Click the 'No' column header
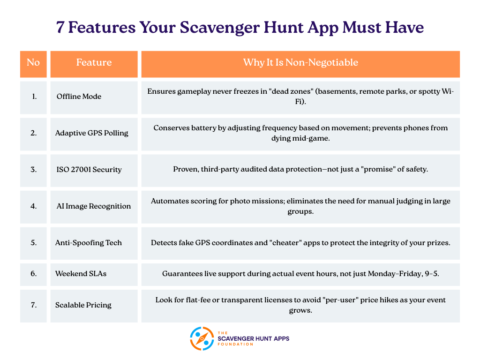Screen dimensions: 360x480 pyautogui.click(x=33, y=63)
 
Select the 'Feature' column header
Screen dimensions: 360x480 pyautogui.click(x=94, y=63)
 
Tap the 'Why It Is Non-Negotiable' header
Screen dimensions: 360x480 pyautogui.click(x=300, y=63)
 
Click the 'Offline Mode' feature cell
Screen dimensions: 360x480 pyautogui.click(x=79, y=97)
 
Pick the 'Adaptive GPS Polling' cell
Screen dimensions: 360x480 pyautogui.click(x=91, y=133)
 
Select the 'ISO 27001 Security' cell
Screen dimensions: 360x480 pyautogui.click(x=89, y=170)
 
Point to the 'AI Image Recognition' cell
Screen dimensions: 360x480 pyautogui.click(x=93, y=206)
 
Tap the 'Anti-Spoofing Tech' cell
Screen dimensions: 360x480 pyautogui.click(x=88, y=243)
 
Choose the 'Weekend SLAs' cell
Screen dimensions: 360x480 pyautogui.click(x=81, y=273)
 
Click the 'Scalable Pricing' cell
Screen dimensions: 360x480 pyautogui.click(x=83, y=305)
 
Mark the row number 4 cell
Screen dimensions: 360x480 pyautogui.click(x=33, y=206)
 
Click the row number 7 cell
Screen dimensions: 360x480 pyautogui.click(x=33, y=305)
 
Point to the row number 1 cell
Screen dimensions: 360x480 pyautogui.click(x=33, y=97)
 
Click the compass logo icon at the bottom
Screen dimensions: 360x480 pyautogui.click(x=202, y=338)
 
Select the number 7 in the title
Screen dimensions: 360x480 pyautogui.click(x=60, y=27)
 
